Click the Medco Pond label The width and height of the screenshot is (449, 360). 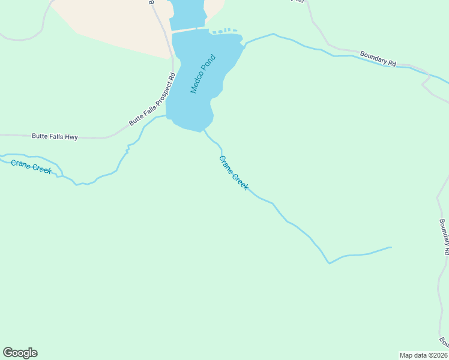point(203,74)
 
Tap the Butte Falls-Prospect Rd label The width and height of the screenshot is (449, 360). point(152,99)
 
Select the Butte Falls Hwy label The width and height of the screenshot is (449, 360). point(55,137)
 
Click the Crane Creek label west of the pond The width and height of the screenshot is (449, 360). point(31,165)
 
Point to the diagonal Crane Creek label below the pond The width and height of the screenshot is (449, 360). point(234,173)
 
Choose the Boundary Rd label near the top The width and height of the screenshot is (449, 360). point(378,58)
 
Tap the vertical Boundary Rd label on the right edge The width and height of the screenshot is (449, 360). point(444,237)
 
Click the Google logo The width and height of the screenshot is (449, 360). point(20,353)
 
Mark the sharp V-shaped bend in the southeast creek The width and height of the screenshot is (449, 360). point(328,263)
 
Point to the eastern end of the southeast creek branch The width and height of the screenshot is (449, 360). point(391,247)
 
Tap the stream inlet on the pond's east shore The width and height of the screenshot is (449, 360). point(245,44)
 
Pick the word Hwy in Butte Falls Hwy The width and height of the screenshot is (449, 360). point(71,137)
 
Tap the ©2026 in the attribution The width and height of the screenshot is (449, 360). point(436,355)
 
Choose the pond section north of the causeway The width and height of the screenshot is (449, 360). point(187,12)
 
